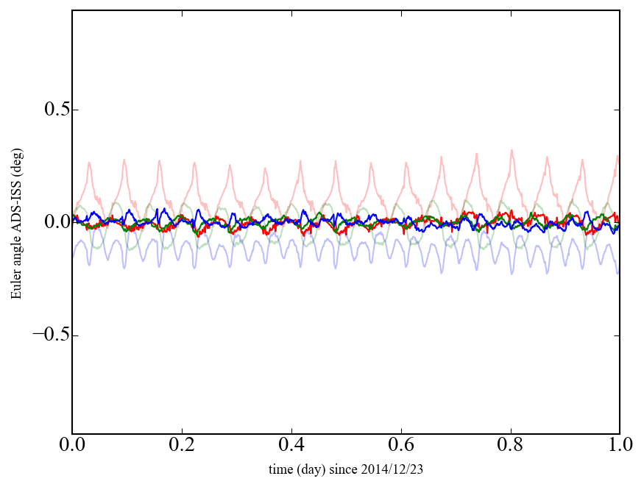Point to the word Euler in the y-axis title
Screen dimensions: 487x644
16,285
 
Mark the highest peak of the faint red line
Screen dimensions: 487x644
511,150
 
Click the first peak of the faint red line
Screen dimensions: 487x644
90,163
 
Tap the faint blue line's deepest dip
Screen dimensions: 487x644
547,273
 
